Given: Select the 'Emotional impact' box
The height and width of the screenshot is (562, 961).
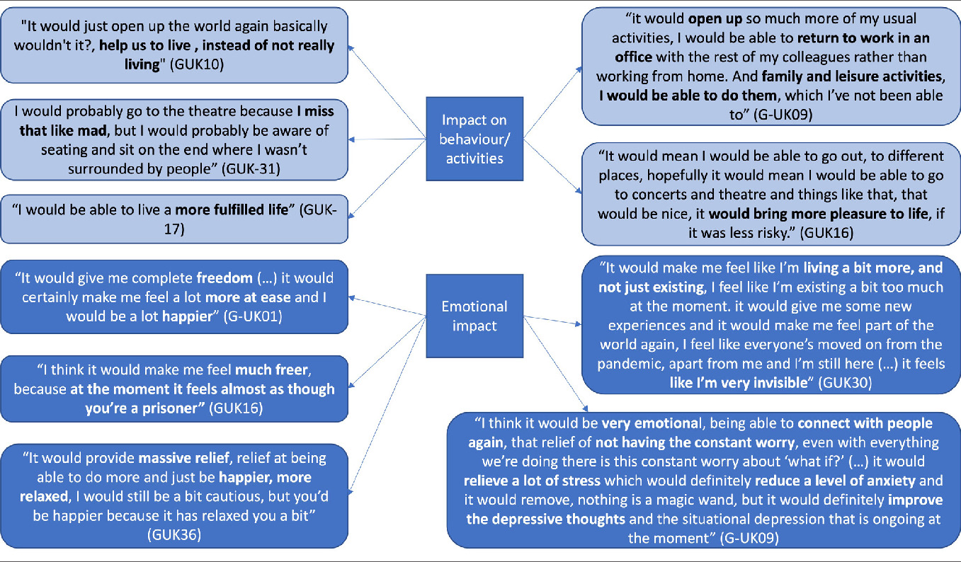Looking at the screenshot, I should [474, 316].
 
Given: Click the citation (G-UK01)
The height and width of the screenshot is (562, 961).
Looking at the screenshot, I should [252, 316].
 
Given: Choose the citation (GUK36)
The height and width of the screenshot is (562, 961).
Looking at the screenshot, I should [175, 534].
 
